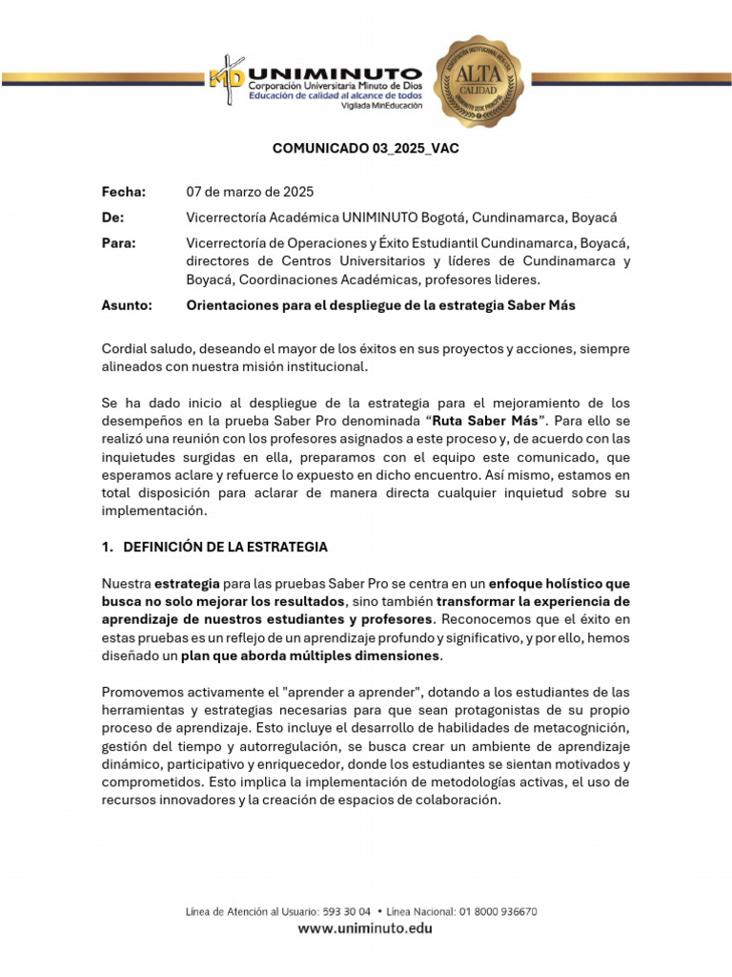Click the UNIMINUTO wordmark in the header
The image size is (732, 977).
[x=334, y=73]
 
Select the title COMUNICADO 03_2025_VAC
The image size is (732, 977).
[x=366, y=149]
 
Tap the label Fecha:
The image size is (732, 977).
[x=124, y=192]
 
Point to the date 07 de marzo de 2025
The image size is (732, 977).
[x=250, y=192]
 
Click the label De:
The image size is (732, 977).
[x=112, y=218]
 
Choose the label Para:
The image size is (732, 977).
[x=118, y=243]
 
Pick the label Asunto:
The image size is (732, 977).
[x=127, y=305]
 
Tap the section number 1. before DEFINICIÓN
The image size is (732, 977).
[x=108, y=547]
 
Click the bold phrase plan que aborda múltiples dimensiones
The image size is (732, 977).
[x=310, y=655]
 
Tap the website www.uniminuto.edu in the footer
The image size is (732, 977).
[x=365, y=928]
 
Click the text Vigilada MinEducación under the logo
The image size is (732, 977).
[x=380, y=106]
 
